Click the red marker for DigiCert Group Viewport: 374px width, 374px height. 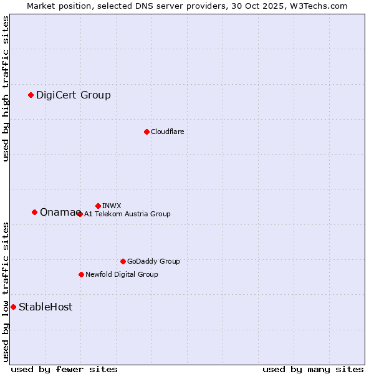[x=31, y=95]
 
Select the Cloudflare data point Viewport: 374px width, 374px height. [x=146, y=132]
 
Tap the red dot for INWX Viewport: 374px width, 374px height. [x=98, y=206]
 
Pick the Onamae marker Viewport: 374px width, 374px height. [x=34, y=213]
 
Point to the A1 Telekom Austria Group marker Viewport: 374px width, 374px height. [x=80, y=214]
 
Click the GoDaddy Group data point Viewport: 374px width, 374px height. [x=123, y=261]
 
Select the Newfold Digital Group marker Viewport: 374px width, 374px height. [x=81, y=274]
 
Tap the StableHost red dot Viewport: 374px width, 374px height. [x=13, y=307]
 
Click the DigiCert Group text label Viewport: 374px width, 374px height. [x=73, y=95]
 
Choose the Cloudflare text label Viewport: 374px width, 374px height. [x=167, y=132]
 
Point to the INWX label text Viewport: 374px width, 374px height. [x=112, y=206]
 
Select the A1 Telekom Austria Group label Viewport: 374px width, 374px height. [x=127, y=214]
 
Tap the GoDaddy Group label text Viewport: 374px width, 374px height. [x=153, y=261]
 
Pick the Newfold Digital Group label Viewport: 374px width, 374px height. [x=122, y=274]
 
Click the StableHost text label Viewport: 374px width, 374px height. [x=46, y=307]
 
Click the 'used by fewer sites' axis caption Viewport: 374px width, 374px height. [x=64, y=369]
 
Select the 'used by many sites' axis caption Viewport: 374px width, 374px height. [x=313, y=369]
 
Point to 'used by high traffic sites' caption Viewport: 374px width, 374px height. [x=6, y=89]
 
